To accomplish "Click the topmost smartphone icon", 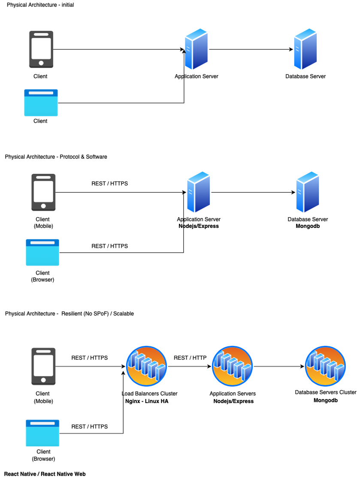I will pos(41,49).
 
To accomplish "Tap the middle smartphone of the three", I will pos(43,192).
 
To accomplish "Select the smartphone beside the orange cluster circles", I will pos(43,366).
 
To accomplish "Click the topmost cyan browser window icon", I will pos(41,103).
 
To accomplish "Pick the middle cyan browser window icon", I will pos(42,252).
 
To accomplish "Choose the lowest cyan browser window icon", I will pos(42,433).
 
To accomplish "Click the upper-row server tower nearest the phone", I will pos(196,49).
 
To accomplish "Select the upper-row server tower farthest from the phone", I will pos(305,49).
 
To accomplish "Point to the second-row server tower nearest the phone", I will pos(198,192).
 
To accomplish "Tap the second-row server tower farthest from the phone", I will pos(307,192).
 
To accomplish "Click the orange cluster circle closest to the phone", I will pos(146,366).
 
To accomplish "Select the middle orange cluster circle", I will pos(232,366).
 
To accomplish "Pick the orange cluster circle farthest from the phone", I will pos(325,366).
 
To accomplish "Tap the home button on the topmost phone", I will pos(41,63).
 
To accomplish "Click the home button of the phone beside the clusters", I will pos(43,380).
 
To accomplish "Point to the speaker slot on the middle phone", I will pos(43,177).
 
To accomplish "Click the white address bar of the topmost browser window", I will pos(41,93).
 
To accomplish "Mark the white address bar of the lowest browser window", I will pos(42,423).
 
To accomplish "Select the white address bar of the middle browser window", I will pos(42,243).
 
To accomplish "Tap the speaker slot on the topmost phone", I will pos(41,34).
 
